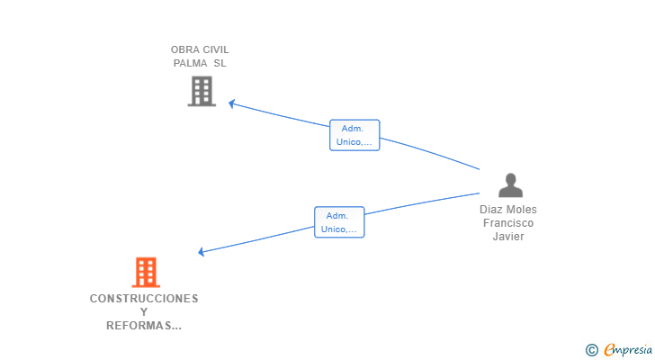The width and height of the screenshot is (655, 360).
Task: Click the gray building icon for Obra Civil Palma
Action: [x=202, y=91]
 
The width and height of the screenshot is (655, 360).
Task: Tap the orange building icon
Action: [x=146, y=273]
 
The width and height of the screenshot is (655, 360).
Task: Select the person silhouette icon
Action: [x=510, y=185]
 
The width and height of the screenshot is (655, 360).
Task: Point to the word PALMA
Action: [x=190, y=63]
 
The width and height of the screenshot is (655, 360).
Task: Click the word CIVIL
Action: [x=216, y=49]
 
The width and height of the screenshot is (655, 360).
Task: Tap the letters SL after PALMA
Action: [x=220, y=63]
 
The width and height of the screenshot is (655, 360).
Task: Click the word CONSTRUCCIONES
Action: [x=144, y=299]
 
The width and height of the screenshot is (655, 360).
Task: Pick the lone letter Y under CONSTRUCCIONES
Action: [x=144, y=312]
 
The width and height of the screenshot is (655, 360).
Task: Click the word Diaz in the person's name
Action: [x=490, y=209]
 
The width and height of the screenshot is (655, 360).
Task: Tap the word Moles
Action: [x=521, y=209]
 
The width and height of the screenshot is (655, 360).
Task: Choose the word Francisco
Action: [x=508, y=222]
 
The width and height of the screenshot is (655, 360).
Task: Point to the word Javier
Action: [x=508, y=237]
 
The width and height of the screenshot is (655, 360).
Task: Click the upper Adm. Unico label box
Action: [x=354, y=135]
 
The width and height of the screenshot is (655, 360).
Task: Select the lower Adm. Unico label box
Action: [x=339, y=222]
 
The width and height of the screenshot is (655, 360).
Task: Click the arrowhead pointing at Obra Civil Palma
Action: [x=232, y=103]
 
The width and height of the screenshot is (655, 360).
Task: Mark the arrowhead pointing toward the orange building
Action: [x=202, y=251]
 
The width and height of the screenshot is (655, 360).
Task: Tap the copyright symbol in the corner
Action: [x=591, y=350]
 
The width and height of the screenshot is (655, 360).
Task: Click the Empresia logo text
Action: [x=628, y=349]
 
